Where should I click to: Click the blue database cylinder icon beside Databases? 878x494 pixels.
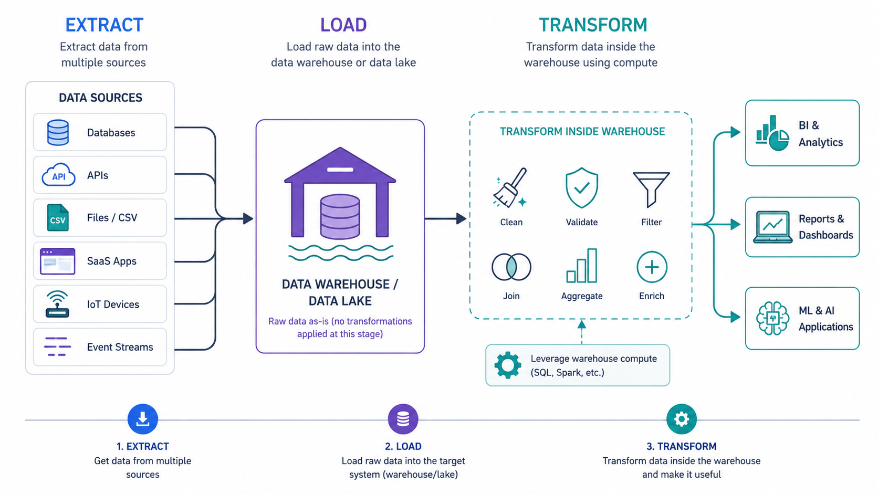click(x=58, y=132)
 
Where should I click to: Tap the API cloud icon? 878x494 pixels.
click(x=58, y=175)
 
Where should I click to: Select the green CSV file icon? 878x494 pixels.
click(x=58, y=217)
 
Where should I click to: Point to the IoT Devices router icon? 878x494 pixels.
click(x=57, y=304)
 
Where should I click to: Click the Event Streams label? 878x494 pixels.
click(x=120, y=347)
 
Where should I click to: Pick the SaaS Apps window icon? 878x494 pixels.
click(x=58, y=261)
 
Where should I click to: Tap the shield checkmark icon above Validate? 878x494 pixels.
click(x=582, y=187)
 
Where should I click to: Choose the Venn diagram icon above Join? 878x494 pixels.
click(x=511, y=267)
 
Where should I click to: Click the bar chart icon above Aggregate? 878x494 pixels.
click(x=582, y=266)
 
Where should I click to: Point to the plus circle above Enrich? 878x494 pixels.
click(x=652, y=267)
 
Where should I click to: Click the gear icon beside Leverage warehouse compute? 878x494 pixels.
click(x=508, y=365)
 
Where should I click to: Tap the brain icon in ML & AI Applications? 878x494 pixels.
click(x=772, y=318)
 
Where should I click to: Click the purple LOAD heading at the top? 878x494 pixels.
click(x=343, y=25)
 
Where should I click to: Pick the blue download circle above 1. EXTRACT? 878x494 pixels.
click(x=143, y=419)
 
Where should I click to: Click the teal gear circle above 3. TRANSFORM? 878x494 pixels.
click(x=682, y=419)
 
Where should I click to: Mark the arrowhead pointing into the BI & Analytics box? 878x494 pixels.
click(x=736, y=132)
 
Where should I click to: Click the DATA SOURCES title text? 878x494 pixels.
click(x=100, y=98)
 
